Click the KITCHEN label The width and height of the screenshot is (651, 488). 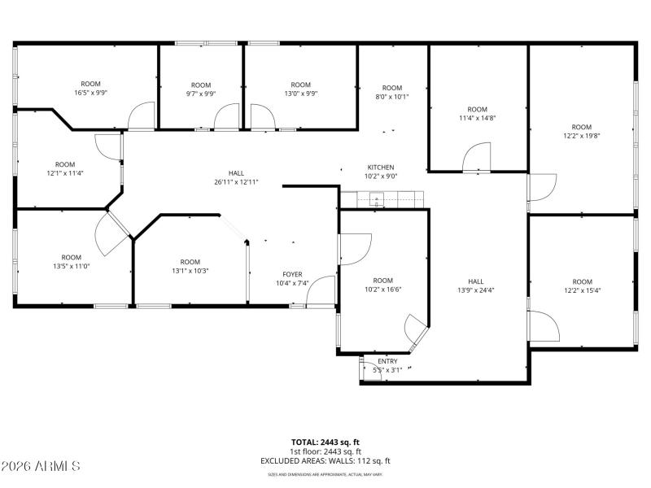click(380, 167)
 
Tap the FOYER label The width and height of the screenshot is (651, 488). click(292, 274)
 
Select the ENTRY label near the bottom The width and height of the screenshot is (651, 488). click(387, 360)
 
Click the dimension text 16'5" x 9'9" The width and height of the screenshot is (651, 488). click(90, 93)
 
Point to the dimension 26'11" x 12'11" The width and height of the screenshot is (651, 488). click(236, 182)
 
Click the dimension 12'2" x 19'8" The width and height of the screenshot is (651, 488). click(581, 136)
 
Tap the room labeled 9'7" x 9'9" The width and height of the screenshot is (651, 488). click(201, 89)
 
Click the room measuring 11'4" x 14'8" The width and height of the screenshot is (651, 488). click(477, 114)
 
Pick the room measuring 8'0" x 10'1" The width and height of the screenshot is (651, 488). click(392, 92)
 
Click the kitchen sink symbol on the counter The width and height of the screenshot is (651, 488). click(377, 198)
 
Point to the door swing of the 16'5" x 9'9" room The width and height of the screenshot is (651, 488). click(142, 116)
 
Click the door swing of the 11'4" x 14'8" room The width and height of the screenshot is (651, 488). click(477, 158)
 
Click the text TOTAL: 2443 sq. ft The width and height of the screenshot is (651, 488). click(325, 442)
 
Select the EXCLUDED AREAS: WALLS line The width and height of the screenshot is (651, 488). click(325, 460)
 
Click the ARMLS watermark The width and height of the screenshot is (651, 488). click(41, 466)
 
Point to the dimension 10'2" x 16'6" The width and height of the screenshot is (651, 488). click(382, 285)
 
